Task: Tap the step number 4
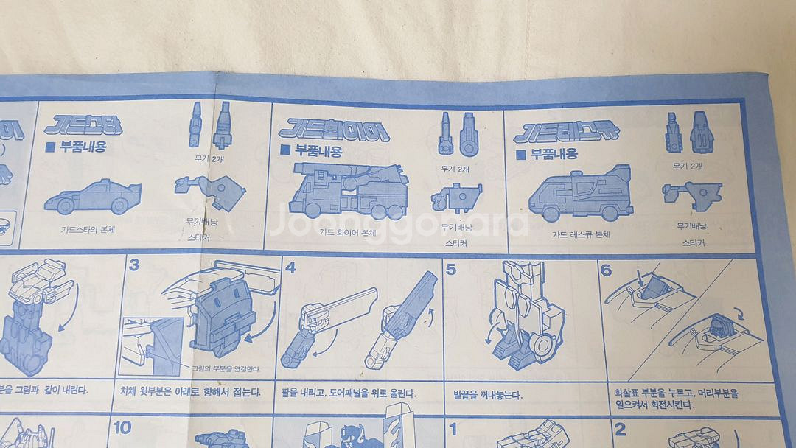pos(290,267)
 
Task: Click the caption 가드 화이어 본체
pos(348,232)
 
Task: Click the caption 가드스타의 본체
pos(88,228)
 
